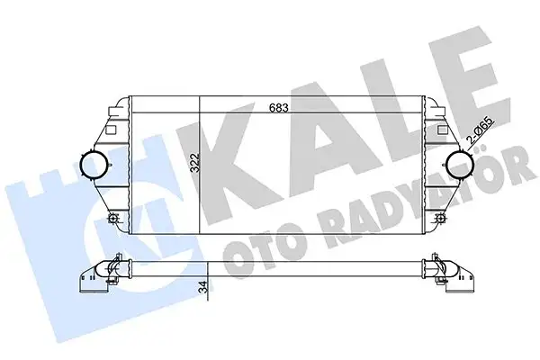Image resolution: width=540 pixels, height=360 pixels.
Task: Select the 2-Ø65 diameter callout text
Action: [x=481, y=132]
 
